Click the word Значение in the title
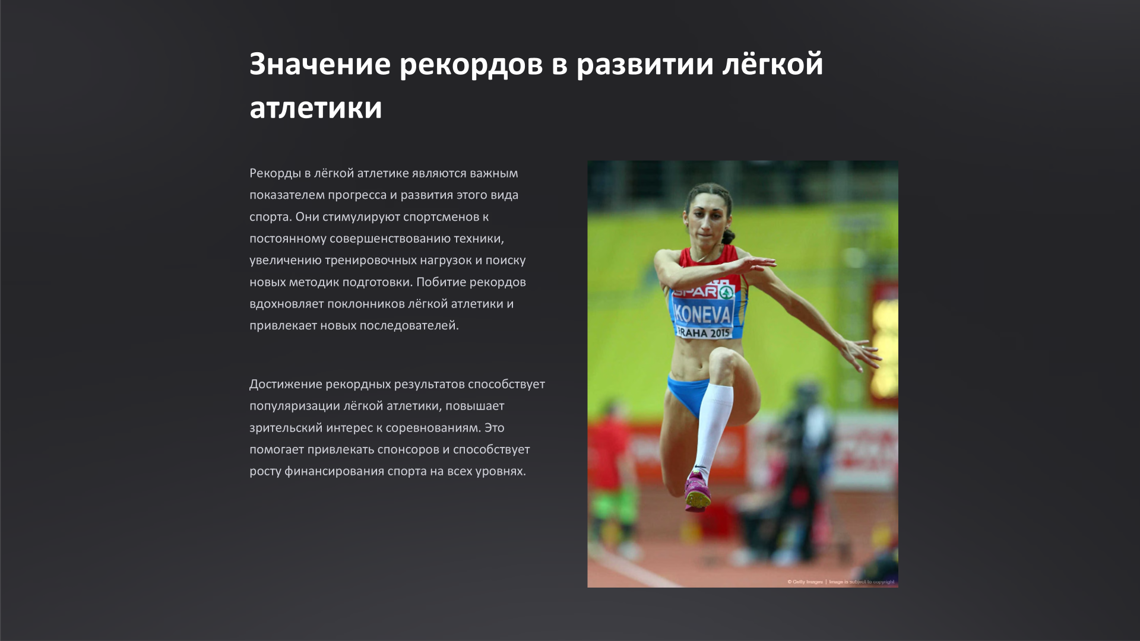(319, 64)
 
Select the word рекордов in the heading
(471, 64)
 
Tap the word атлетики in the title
(315, 108)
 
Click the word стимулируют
(361, 217)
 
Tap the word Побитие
(441, 282)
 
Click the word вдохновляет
(286, 304)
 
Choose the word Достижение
(286, 385)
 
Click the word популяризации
(294, 407)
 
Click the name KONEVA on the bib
(703, 313)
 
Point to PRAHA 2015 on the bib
(704, 333)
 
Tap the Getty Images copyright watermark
(840, 582)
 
